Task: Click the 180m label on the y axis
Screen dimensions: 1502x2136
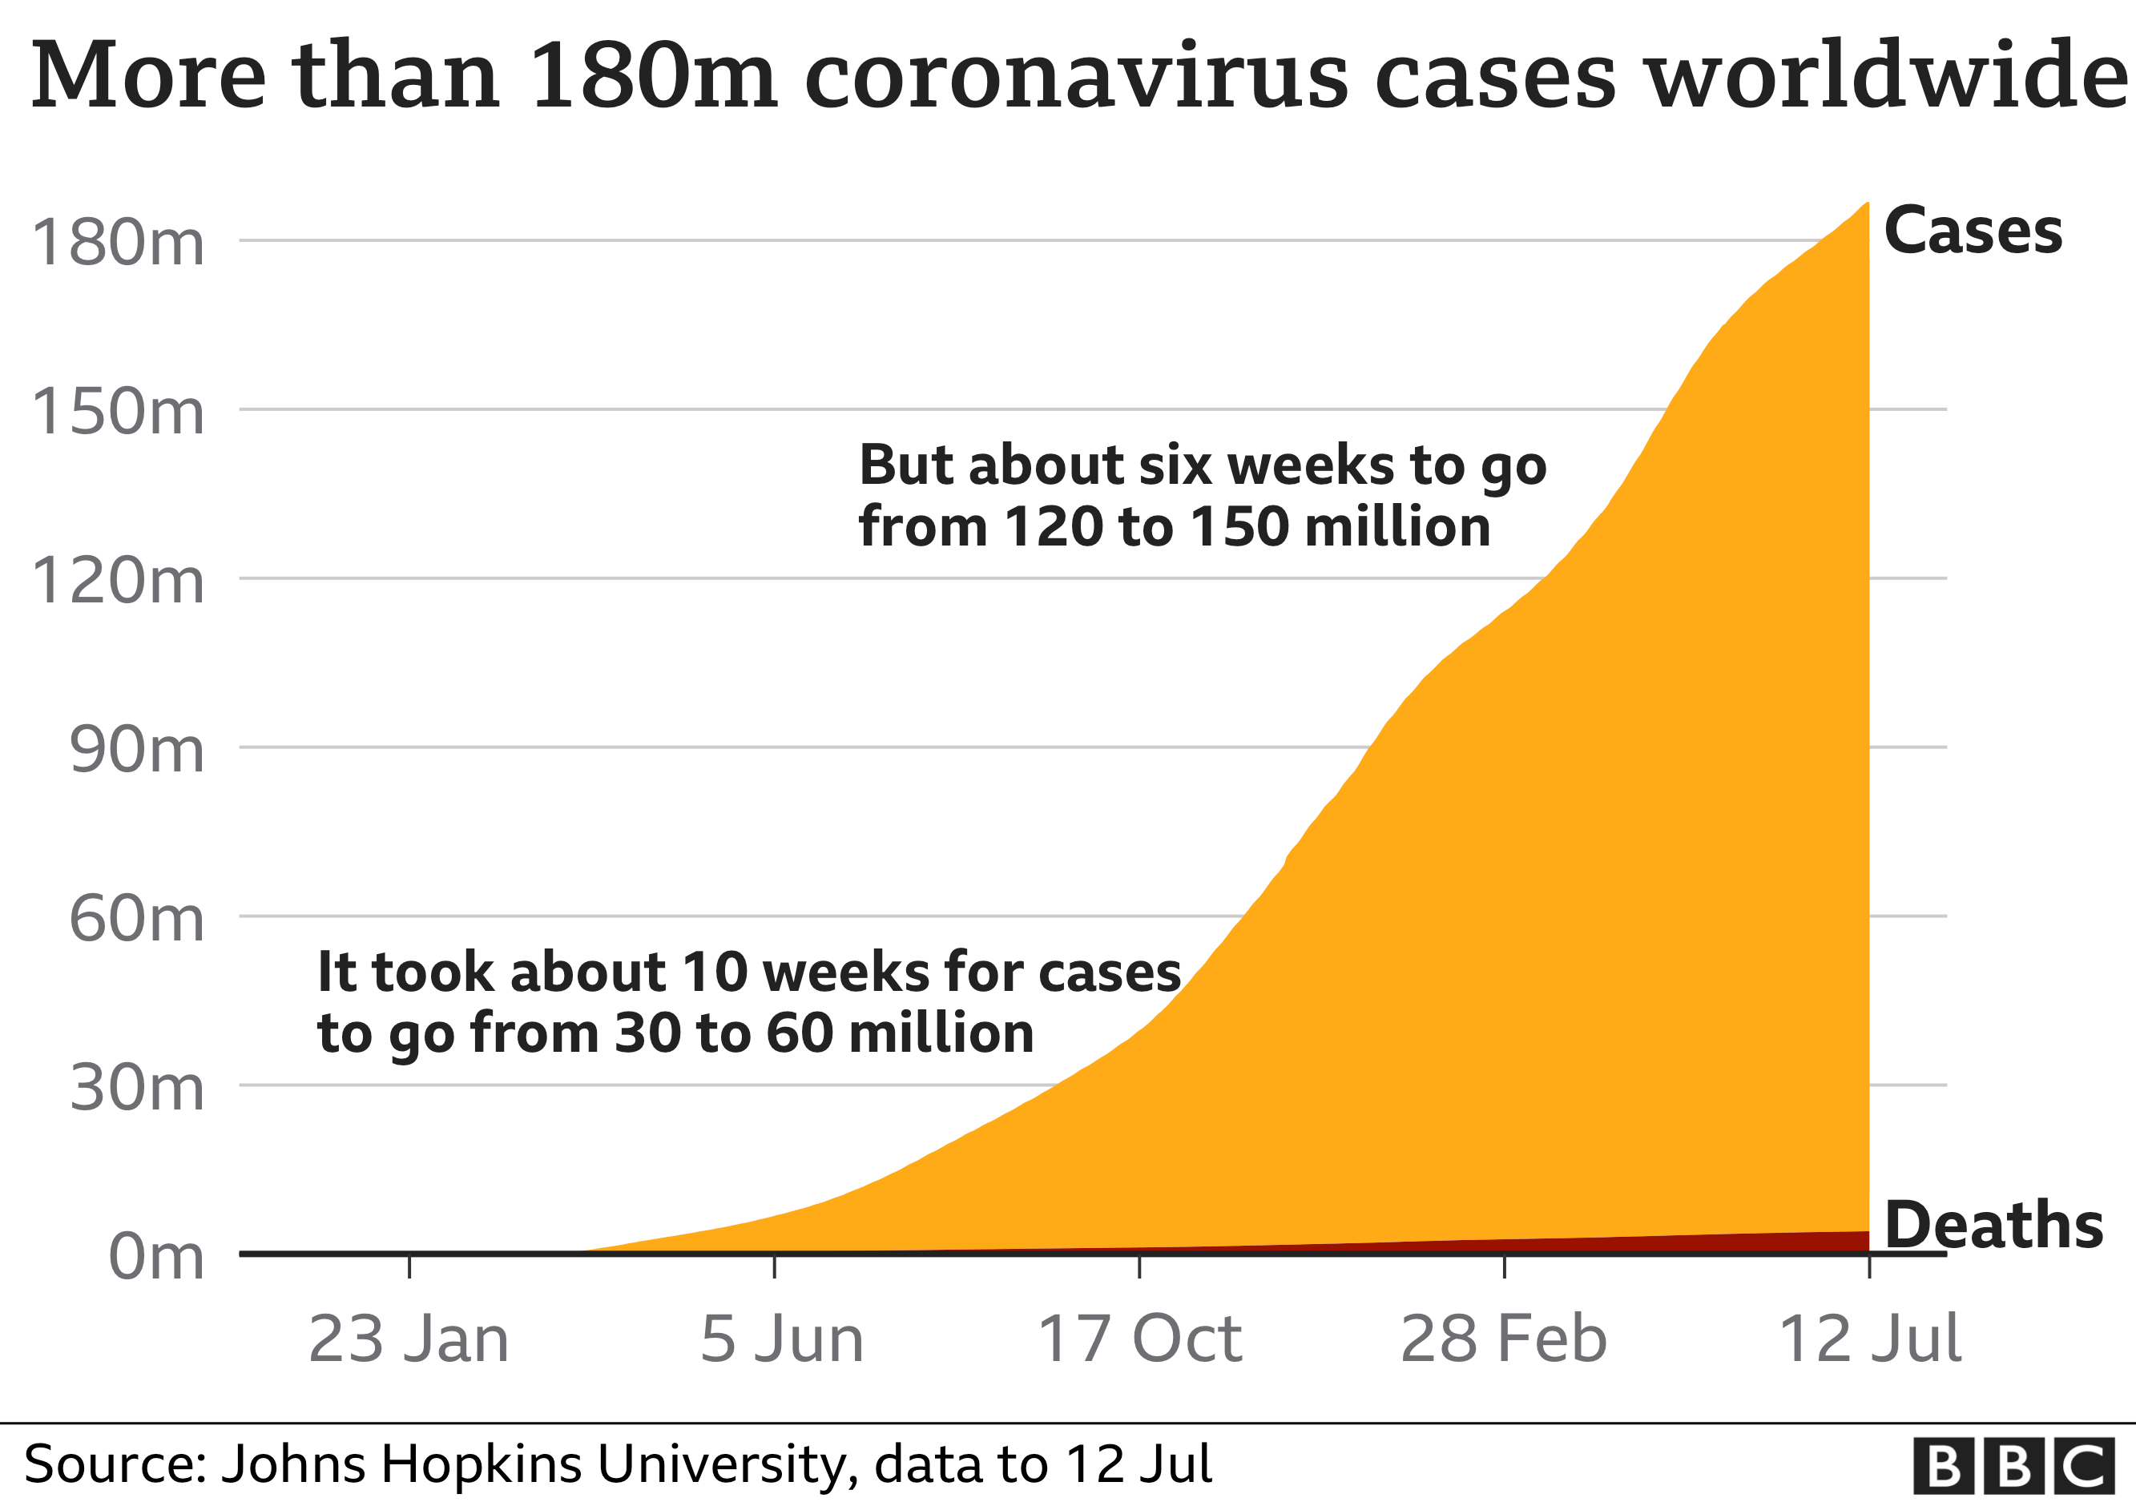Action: tap(118, 243)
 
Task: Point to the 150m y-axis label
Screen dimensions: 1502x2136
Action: tap(118, 411)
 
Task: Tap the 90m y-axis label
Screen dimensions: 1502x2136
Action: tap(137, 750)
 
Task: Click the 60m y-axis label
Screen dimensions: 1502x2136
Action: tap(137, 919)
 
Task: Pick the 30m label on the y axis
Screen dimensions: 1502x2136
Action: tap(137, 1087)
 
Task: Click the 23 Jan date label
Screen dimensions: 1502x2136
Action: tap(409, 1339)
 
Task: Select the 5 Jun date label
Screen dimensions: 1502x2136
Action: tap(781, 1339)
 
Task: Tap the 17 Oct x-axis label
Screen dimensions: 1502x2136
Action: tap(1139, 1339)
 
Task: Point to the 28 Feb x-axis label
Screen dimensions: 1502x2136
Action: tap(1503, 1339)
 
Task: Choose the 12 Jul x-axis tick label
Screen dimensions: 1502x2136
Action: tap(1870, 1339)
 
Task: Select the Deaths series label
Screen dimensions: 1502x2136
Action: tap(1993, 1225)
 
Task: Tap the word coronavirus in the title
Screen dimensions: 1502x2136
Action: tap(1075, 76)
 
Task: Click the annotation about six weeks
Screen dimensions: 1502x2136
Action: tap(1202, 495)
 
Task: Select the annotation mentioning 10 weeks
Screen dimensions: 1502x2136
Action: tap(749, 1003)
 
